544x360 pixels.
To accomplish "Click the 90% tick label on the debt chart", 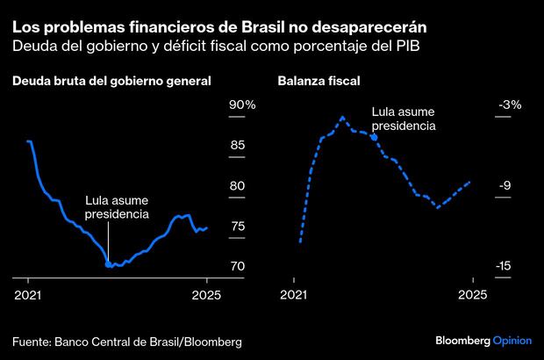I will pyautogui.click(x=242, y=104).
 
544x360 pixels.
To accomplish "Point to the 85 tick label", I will pyautogui.click(x=237, y=145).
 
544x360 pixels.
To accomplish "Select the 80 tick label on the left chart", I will pyautogui.click(x=237, y=185).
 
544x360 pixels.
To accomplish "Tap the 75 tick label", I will pyautogui.click(x=237, y=226).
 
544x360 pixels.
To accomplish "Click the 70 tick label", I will pyautogui.click(x=237, y=266).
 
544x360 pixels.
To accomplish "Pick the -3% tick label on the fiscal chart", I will pyautogui.click(x=510, y=104).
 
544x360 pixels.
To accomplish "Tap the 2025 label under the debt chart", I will pyautogui.click(x=206, y=295).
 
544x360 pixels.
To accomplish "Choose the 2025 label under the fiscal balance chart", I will pyautogui.click(x=473, y=295).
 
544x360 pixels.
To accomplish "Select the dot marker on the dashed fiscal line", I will pyautogui.click(x=375, y=138).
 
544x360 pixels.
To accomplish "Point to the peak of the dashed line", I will pyautogui.click(x=342, y=117).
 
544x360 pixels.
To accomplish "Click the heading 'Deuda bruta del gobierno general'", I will pyautogui.click(x=111, y=81).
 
